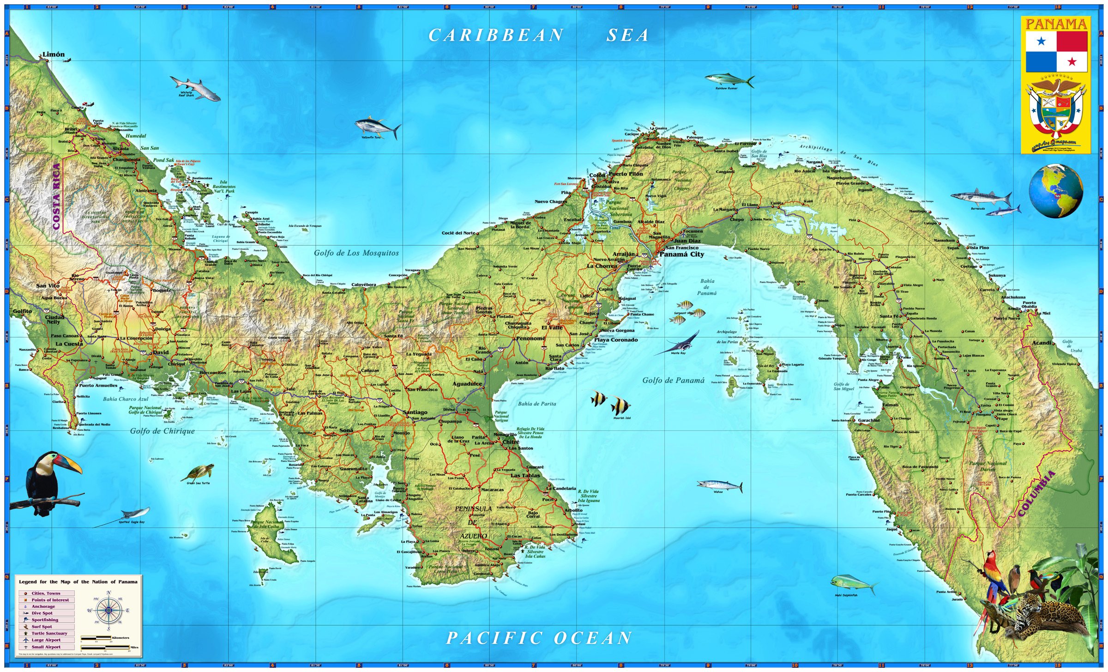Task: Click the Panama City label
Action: click(x=682, y=254)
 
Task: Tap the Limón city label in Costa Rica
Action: click(x=54, y=54)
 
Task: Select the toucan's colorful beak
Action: click(x=70, y=464)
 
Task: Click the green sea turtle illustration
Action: click(x=199, y=472)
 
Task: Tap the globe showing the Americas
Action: click(x=1055, y=191)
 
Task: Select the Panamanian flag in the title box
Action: click(x=1056, y=52)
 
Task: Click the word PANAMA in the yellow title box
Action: click(x=1056, y=24)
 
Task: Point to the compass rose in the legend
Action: click(x=108, y=611)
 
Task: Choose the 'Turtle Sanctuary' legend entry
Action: click(x=49, y=633)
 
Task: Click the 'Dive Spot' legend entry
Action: click(x=42, y=613)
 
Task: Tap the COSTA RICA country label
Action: click(x=56, y=197)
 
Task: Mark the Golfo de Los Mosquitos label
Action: click(x=356, y=253)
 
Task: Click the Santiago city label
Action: click(x=415, y=412)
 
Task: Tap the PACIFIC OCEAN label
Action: click(x=539, y=638)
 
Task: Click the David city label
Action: click(x=161, y=352)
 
